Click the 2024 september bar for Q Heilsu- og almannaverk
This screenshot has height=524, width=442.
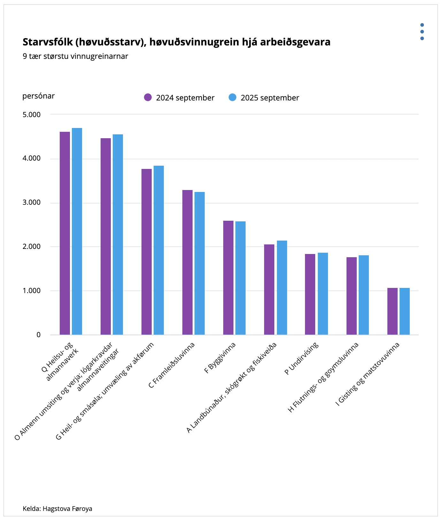pyautogui.click(x=65, y=233)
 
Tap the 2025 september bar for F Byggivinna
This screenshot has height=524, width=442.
pyautogui.click(x=240, y=278)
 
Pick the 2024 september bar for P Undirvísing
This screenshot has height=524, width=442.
pyautogui.click(x=310, y=294)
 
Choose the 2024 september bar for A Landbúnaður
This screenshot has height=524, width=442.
pyautogui.click(x=269, y=290)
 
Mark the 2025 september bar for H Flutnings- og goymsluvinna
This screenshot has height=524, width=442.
pyautogui.click(x=364, y=295)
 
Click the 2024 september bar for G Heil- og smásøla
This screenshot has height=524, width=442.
pyautogui.click(x=147, y=252)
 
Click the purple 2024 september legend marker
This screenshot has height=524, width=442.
pyautogui.click(x=148, y=97)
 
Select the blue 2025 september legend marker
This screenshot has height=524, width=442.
pyautogui.click(x=232, y=97)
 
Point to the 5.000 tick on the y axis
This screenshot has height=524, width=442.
pyautogui.click(x=32, y=115)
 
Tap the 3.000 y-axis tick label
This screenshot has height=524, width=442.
pyautogui.click(x=32, y=202)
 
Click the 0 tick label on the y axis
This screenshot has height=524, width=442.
pyautogui.click(x=39, y=335)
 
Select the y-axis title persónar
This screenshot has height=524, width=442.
pyautogui.click(x=38, y=96)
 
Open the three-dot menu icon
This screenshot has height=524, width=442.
pyautogui.click(x=422, y=32)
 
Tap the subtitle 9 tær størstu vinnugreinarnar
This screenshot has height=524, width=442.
pyautogui.click(x=75, y=56)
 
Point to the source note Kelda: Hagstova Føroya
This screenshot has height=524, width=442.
pyautogui.click(x=57, y=508)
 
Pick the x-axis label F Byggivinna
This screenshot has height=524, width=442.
pyautogui.click(x=220, y=358)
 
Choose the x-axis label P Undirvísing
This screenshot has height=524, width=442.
pyautogui.click(x=301, y=358)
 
